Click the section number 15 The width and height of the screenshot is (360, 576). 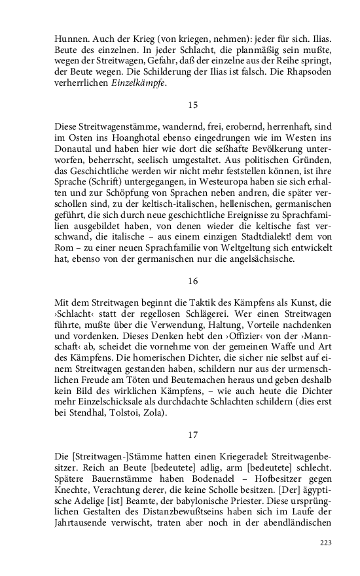point(192,105)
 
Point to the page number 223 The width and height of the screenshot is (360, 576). point(325,543)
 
